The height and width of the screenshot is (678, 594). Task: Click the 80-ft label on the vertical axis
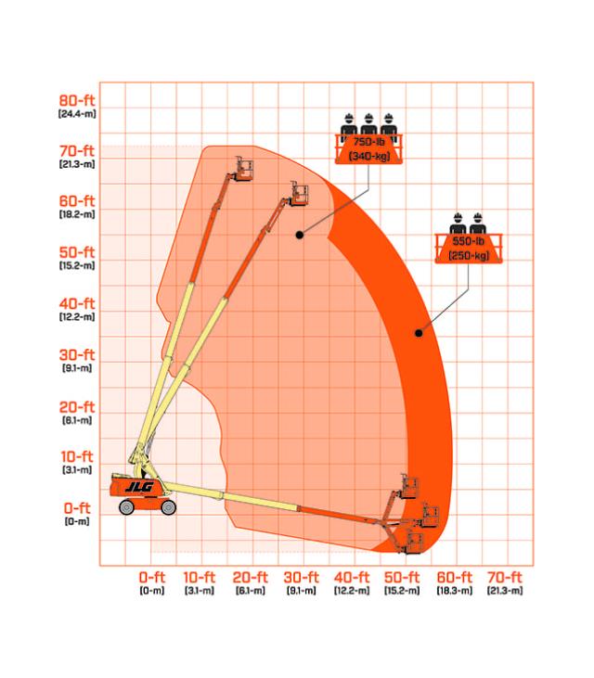(x=77, y=100)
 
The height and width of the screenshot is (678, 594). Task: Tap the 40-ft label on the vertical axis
(x=77, y=303)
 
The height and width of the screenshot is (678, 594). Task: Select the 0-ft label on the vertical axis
(x=77, y=508)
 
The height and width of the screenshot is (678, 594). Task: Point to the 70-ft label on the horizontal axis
(x=505, y=577)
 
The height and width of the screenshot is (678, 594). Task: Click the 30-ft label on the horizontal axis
(x=301, y=577)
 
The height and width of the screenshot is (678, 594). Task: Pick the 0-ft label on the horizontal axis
(x=152, y=577)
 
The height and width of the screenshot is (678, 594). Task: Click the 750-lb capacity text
(x=369, y=142)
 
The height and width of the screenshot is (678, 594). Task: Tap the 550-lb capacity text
(x=469, y=241)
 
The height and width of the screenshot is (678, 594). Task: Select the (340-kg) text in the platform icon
(x=369, y=156)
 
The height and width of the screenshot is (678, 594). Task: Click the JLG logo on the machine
(x=139, y=487)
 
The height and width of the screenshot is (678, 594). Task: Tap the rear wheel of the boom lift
(x=126, y=507)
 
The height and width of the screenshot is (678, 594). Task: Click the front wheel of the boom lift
(x=168, y=507)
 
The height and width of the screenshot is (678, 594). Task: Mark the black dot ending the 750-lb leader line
(x=300, y=235)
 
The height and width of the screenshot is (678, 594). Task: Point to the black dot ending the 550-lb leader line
(x=419, y=333)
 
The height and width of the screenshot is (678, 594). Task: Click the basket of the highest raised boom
(x=244, y=169)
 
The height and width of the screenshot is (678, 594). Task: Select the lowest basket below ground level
(x=415, y=544)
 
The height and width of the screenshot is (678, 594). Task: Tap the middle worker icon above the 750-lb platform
(x=368, y=127)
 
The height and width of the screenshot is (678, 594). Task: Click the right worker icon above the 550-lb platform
(x=478, y=224)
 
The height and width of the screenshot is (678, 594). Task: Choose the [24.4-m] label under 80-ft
(x=77, y=114)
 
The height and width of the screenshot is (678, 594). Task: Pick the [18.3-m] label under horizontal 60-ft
(x=454, y=590)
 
